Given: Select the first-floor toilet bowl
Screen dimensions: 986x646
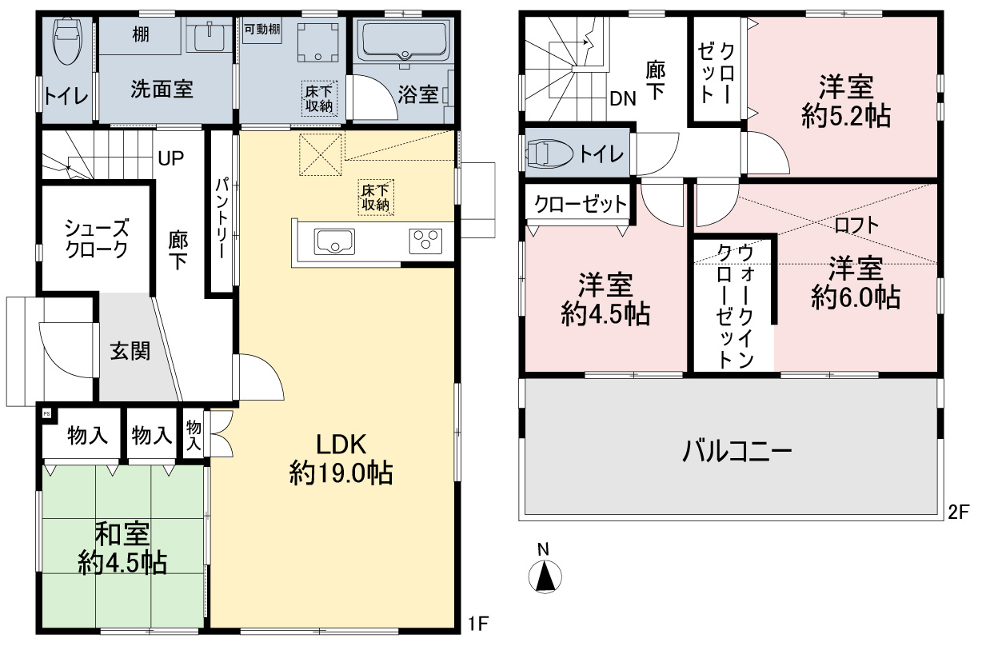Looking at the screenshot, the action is point(67,41).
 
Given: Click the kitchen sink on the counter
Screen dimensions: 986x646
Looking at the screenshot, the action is point(334,241).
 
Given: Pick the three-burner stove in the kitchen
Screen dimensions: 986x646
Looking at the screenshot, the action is point(425,241).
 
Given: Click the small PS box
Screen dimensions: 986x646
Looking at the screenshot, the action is point(46,414).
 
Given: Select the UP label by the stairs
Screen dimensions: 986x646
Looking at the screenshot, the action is point(171,158).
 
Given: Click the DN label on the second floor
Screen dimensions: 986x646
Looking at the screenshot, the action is point(623,99).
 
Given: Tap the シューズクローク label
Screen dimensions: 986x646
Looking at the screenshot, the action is point(97,239).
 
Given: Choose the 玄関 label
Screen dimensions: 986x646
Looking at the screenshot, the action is point(130,352).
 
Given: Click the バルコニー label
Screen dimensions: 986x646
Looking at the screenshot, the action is point(737,451).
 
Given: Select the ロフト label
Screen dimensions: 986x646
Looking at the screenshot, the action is point(856,225).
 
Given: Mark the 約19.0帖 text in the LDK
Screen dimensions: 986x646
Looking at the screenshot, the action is point(341,473).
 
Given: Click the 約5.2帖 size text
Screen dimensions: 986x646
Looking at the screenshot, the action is point(846,116).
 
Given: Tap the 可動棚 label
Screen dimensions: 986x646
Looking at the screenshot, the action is point(262,30).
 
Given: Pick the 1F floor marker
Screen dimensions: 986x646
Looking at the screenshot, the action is point(478,623).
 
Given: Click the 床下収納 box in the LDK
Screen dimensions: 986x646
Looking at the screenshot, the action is point(376,197).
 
